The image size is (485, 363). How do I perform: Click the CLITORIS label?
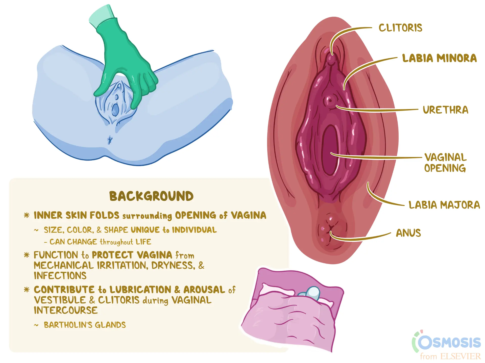point(400,28)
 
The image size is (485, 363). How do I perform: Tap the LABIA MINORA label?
point(440,58)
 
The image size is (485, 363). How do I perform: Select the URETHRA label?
point(446,110)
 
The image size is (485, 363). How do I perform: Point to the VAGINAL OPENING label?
point(445,163)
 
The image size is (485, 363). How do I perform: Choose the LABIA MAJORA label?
point(444,205)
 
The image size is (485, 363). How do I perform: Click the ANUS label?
point(408,233)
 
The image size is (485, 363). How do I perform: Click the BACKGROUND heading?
point(151,196)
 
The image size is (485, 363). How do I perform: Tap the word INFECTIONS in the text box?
point(60,275)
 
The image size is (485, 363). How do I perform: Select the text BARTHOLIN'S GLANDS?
point(85,325)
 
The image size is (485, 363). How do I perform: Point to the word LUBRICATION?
point(140,290)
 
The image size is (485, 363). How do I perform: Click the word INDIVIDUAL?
point(194,230)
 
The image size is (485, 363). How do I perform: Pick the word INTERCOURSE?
point(66,310)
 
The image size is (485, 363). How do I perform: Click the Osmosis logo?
point(447,342)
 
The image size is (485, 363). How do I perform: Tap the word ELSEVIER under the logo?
point(460,356)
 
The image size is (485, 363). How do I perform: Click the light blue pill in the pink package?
point(311,293)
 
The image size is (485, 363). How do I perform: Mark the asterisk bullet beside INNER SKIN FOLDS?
point(27,215)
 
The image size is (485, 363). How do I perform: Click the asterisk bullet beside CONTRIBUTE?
point(27,290)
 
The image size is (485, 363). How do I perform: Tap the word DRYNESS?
point(173,265)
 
